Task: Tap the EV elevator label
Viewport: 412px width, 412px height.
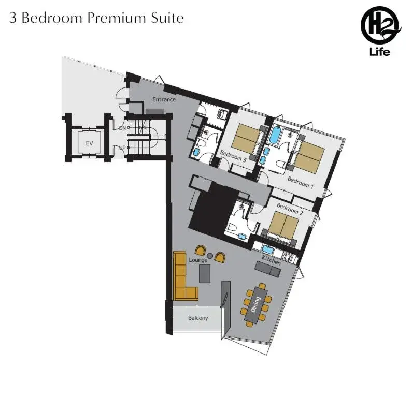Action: pos(89,143)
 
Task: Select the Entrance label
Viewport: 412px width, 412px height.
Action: pos(163,99)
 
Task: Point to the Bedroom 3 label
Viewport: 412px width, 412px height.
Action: pos(233,156)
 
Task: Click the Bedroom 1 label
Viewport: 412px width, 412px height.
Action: pos(301,182)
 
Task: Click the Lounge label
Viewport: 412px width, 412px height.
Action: pos(198,260)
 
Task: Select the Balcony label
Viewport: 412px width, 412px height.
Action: pos(197,318)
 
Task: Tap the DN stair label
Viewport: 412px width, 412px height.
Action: pos(122,128)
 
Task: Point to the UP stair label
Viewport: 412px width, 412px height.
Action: pos(122,148)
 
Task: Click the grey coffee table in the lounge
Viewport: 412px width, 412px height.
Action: pos(205,273)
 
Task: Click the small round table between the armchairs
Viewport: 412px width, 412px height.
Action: pos(210,256)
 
